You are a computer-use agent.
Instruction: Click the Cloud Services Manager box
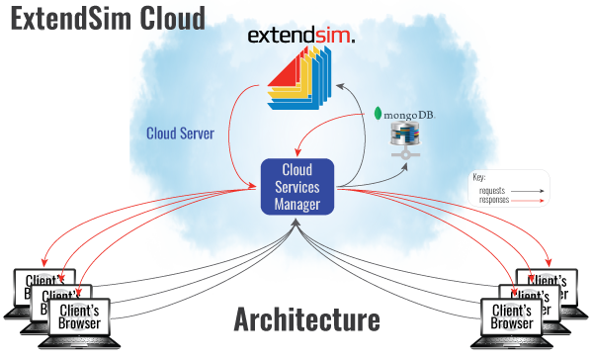[x=296, y=185]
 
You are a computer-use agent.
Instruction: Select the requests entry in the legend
[x=495, y=191]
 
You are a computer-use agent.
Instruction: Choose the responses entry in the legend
[x=497, y=199]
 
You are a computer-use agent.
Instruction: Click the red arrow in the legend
[x=532, y=200]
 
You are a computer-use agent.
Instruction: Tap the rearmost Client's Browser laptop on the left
[x=36, y=285]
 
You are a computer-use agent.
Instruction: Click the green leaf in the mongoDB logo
[x=381, y=114]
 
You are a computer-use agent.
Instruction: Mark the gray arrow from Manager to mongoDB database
[x=381, y=176]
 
